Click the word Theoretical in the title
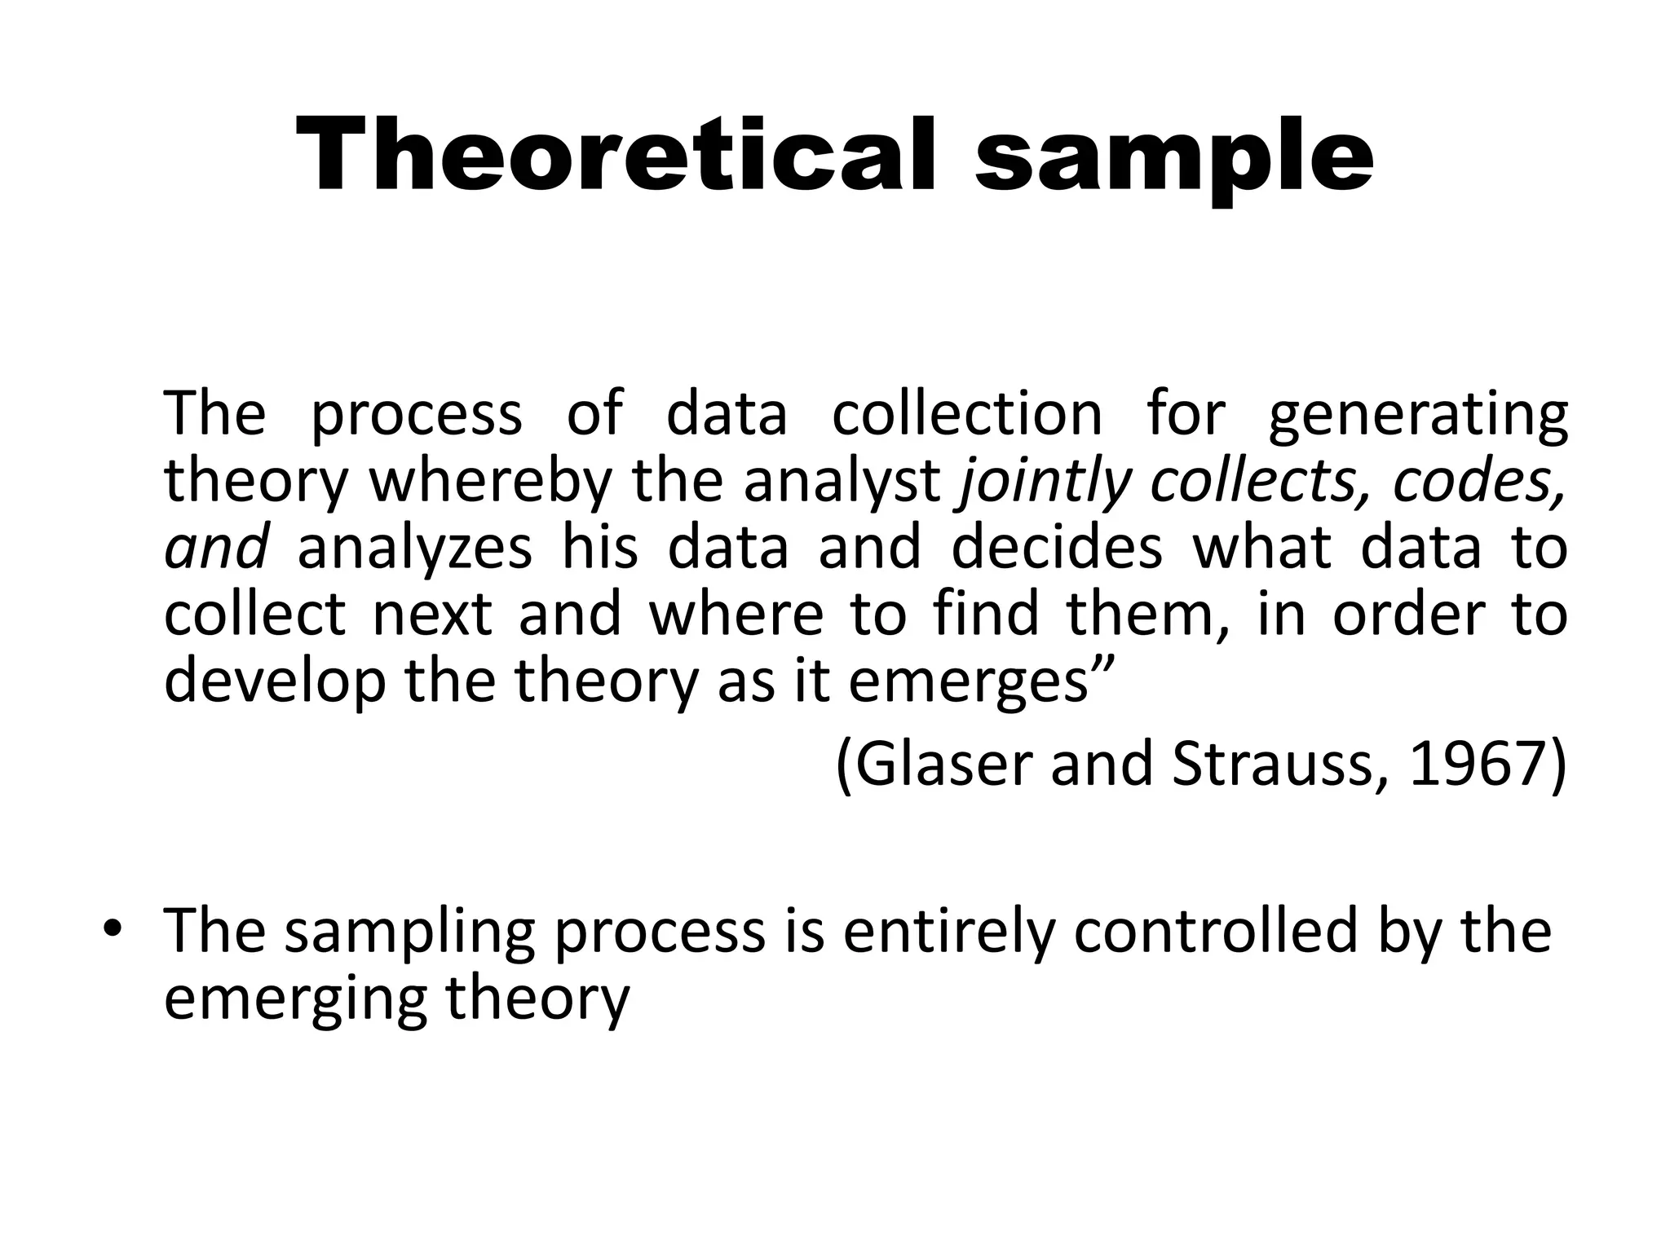tap(624, 155)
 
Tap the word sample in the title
tap(1173, 159)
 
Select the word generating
tap(1418, 416)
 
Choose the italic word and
tap(215, 548)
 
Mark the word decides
tap(1057, 548)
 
